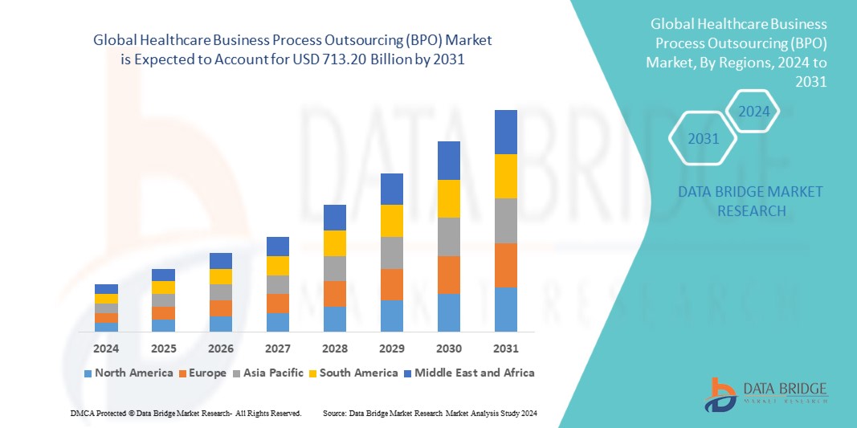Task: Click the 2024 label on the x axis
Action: pos(106,349)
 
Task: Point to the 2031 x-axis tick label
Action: pos(506,349)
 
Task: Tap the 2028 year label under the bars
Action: pos(335,349)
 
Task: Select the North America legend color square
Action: pos(88,373)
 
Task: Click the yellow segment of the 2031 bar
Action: pos(506,176)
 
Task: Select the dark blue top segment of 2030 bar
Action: pos(449,161)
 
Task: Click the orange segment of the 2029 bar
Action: pos(392,284)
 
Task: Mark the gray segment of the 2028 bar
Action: pos(335,268)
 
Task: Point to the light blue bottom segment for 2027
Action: pos(278,322)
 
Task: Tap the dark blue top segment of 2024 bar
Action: pos(106,289)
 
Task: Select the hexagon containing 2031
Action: pos(703,139)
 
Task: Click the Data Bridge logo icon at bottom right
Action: pos(721,393)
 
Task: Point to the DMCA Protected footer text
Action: pos(184,413)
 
